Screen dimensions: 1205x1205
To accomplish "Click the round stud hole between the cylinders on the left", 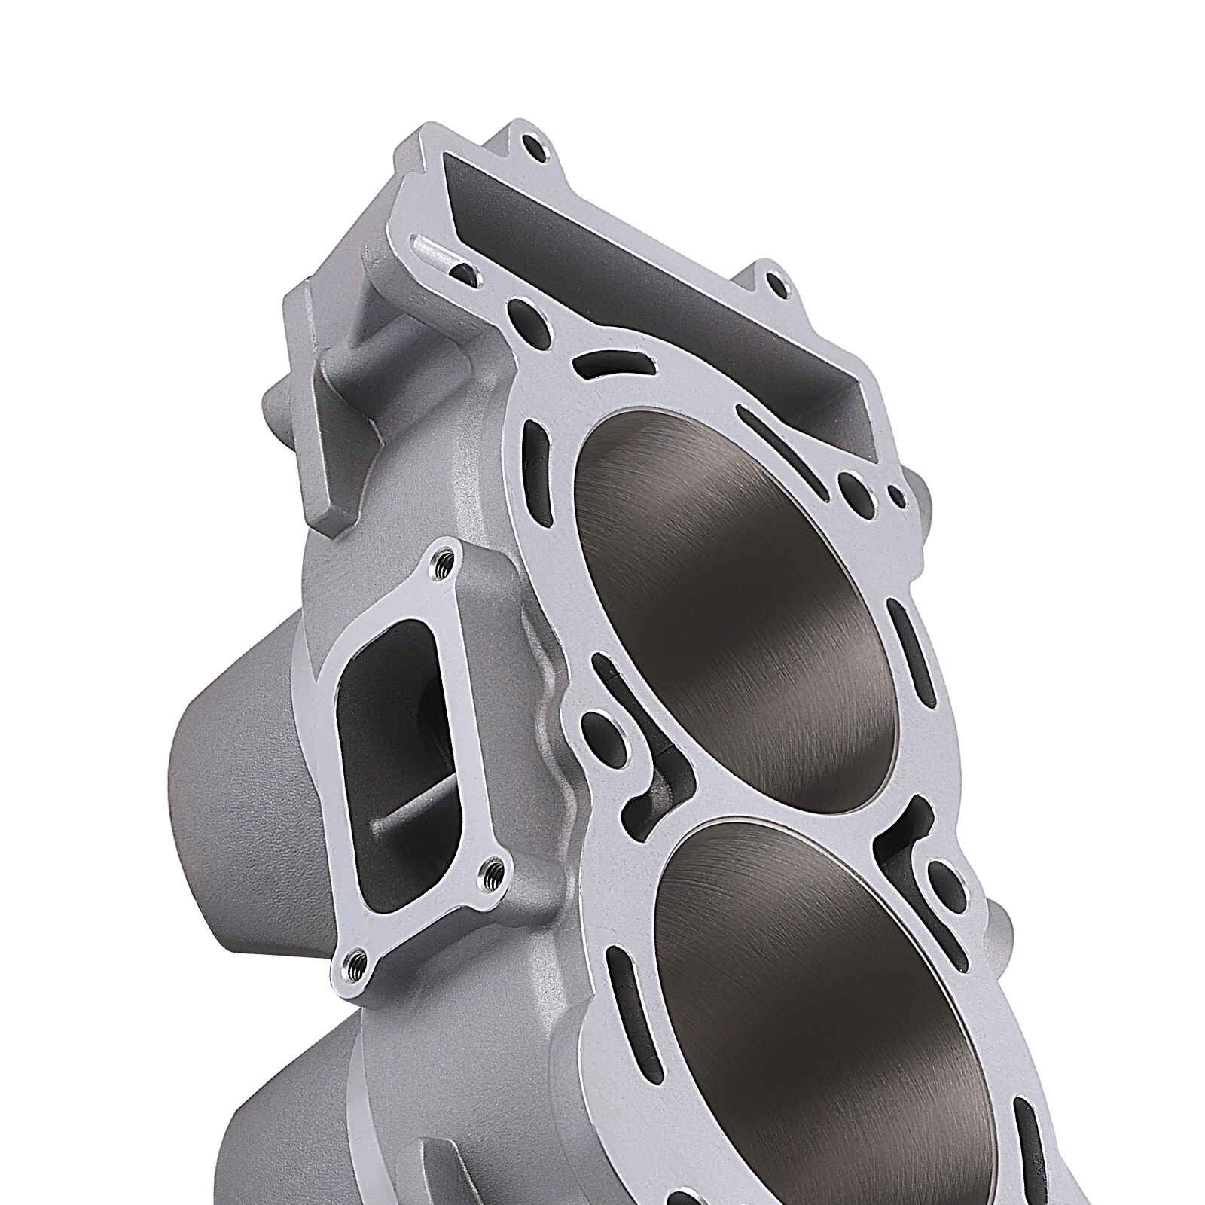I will tap(610, 728).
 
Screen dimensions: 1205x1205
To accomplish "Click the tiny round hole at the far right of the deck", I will tap(896, 493).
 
